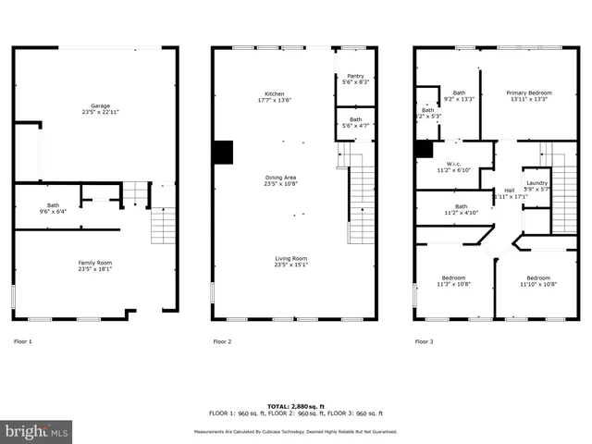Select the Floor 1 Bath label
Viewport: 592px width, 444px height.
(x=53, y=207)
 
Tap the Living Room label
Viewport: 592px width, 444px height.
(x=290, y=261)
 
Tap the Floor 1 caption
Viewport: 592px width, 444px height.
(x=22, y=342)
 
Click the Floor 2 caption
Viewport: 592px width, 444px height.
(x=222, y=342)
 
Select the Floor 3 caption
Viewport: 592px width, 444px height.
(x=424, y=342)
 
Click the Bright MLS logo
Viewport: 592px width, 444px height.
(x=37, y=431)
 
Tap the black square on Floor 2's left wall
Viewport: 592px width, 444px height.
(x=222, y=152)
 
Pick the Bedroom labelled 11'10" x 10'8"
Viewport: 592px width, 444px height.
(x=538, y=281)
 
